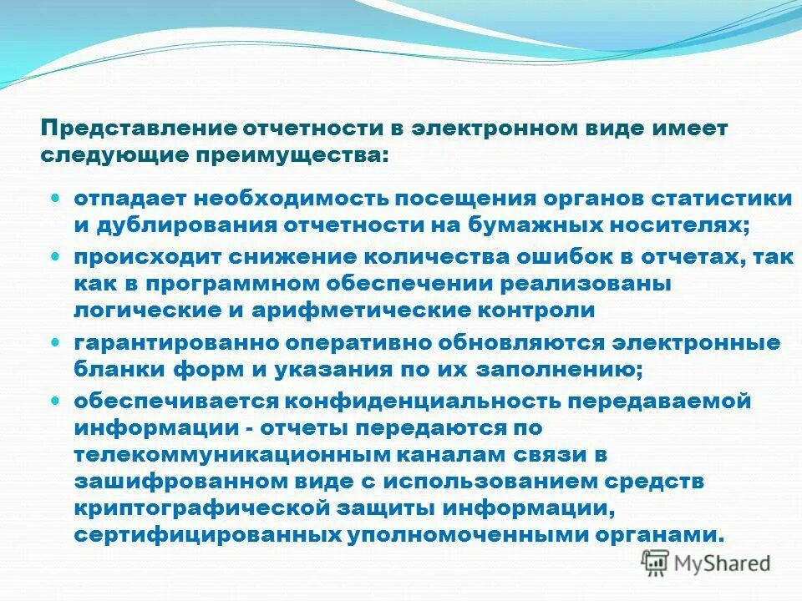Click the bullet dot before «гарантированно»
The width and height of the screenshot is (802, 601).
tap(56, 342)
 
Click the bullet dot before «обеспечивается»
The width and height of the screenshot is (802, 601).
tap(56, 401)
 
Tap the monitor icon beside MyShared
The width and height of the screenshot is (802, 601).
tap(654, 563)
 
